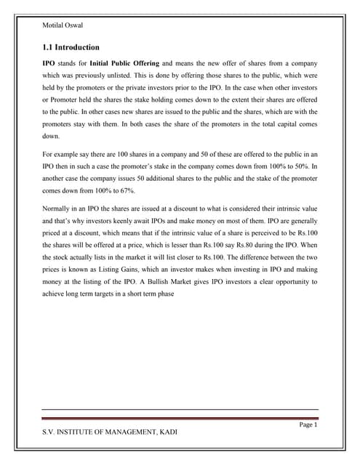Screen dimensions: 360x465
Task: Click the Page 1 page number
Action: (308, 424)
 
